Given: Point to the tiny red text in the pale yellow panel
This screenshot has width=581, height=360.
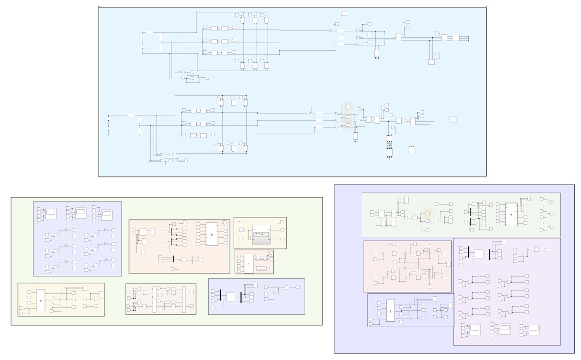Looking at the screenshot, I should click(x=239, y=221).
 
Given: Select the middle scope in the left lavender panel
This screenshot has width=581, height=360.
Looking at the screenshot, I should click(x=80, y=212).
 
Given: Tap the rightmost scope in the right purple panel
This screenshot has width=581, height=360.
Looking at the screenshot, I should click(x=534, y=330).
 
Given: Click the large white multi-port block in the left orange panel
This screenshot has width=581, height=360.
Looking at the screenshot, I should click(x=212, y=234).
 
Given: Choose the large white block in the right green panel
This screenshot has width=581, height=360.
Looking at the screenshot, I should click(x=511, y=214).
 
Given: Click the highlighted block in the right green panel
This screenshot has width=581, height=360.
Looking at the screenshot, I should click(x=427, y=213).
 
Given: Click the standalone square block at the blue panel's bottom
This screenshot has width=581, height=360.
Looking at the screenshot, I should click(x=411, y=150).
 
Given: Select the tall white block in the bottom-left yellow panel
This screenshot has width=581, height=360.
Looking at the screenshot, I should click(x=41, y=300).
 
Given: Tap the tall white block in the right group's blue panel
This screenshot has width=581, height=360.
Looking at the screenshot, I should click(x=390, y=311).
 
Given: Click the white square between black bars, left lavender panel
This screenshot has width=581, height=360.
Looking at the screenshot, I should click(x=230, y=297).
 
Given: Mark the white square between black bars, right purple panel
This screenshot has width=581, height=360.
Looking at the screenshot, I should click(x=479, y=254).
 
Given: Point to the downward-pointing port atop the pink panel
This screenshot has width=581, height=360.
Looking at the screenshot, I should click(x=395, y=244).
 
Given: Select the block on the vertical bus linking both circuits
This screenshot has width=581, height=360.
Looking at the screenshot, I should click(x=431, y=62).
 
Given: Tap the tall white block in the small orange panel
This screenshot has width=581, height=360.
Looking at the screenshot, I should click(x=248, y=263).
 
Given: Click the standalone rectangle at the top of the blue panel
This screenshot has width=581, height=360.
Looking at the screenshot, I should click(x=345, y=14).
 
